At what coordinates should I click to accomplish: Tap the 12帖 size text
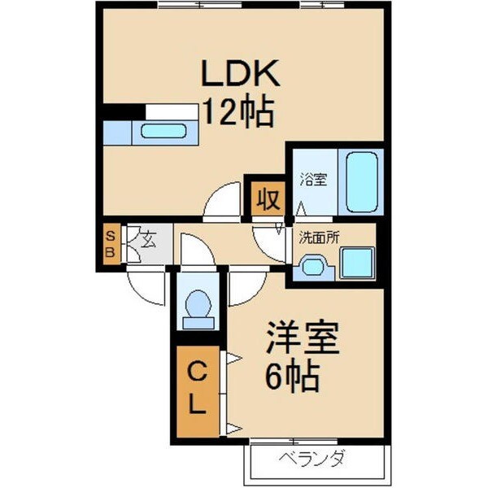[237, 112]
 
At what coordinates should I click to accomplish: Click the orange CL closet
[198, 390]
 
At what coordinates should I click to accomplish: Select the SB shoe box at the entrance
[111, 243]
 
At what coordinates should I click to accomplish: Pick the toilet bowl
[198, 307]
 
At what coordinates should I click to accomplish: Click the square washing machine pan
[356, 263]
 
